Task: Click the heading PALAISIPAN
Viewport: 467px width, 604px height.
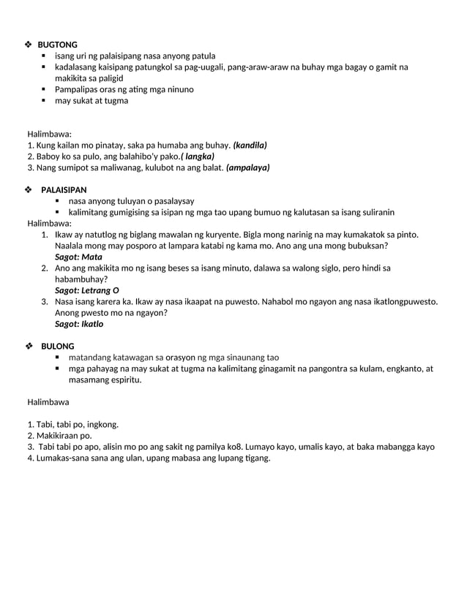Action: click(64, 189)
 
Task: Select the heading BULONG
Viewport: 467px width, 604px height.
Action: click(57, 346)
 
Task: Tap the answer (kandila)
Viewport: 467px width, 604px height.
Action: click(250, 145)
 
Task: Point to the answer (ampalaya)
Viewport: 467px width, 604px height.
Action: click(248, 167)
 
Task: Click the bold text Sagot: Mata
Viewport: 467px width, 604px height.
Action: click(78, 257)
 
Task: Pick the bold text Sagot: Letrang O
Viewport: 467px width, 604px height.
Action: click(87, 290)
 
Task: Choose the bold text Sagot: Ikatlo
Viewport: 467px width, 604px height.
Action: click(79, 323)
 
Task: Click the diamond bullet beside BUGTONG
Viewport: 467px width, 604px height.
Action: click(29, 45)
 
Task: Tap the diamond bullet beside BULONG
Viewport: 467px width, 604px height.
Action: click(29, 346)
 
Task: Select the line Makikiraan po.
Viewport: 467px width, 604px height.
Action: click(64, 436)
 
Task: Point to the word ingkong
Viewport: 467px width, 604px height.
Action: click(102, 424)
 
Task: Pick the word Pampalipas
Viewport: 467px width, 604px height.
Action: click(79, 89)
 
